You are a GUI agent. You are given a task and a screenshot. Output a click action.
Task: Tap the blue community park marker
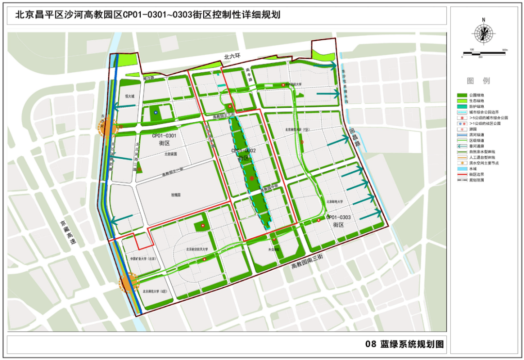(156, 113)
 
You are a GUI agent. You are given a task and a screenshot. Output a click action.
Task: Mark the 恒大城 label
(129, 96)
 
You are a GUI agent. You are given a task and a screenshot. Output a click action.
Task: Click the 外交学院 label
(274, 250)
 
